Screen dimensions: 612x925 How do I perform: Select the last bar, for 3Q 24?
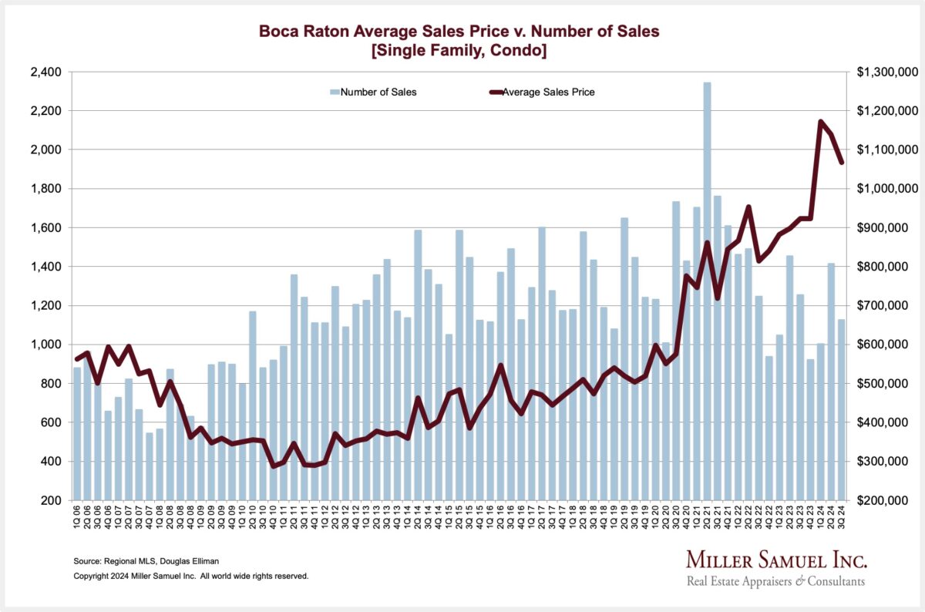[x=842, y=409]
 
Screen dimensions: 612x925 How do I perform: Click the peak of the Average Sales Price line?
[x=821, y=121]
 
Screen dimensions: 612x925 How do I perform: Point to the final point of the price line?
[x=842, y=162]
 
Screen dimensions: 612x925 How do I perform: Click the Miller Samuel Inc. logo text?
[x=776, y=560]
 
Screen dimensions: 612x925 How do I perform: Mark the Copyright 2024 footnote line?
[x=190, y=576]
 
